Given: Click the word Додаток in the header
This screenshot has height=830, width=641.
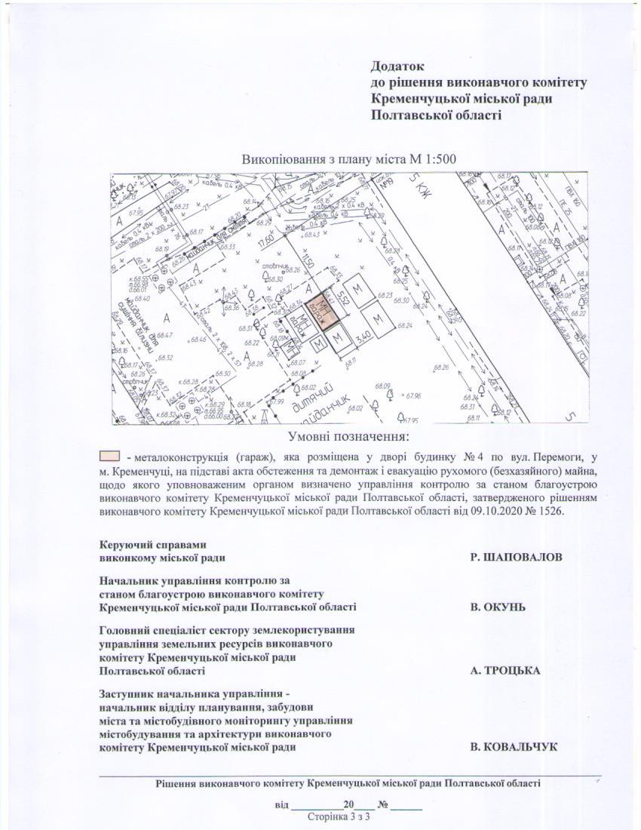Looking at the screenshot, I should pos(398,66).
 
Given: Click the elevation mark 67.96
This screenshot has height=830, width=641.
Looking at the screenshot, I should pos(413,395).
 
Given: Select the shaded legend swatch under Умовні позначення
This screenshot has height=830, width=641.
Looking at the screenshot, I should pos(110,456).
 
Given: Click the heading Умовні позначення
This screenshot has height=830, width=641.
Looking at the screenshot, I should pos(348,437).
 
